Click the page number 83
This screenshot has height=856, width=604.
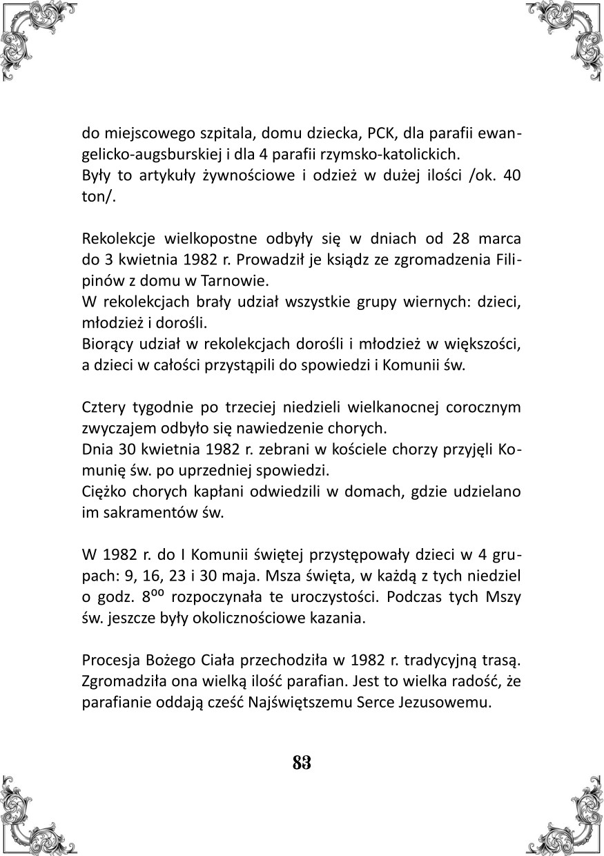302,763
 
